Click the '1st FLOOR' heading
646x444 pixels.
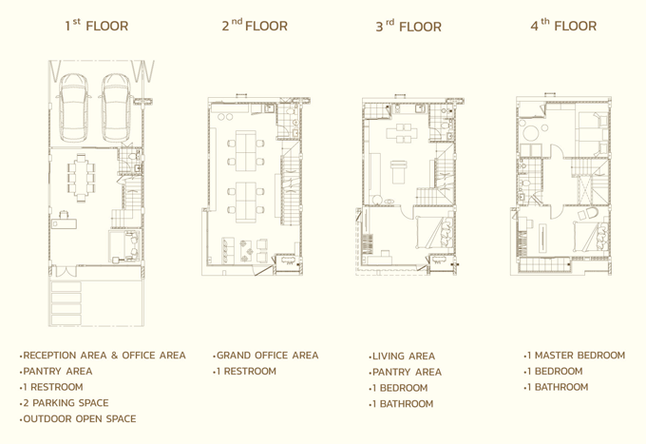97,25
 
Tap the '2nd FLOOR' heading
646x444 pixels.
255,25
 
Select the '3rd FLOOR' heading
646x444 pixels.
408,26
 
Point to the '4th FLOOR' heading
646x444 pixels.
563,25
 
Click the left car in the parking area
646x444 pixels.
74,107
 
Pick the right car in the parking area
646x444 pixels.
117,107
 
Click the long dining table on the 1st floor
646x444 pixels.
82,177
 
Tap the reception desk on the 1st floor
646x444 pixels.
65,223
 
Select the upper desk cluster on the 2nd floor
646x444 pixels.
246,151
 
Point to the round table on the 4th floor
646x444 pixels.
531,133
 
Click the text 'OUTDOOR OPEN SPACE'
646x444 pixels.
78,419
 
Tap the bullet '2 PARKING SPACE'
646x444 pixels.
64,403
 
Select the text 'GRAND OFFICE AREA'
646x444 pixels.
266,356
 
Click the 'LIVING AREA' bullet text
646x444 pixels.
402,357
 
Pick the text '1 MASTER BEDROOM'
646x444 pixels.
575,356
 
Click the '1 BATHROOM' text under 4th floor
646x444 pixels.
556,387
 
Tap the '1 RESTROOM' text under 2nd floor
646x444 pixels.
245,372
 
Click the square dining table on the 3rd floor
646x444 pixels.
402,133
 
